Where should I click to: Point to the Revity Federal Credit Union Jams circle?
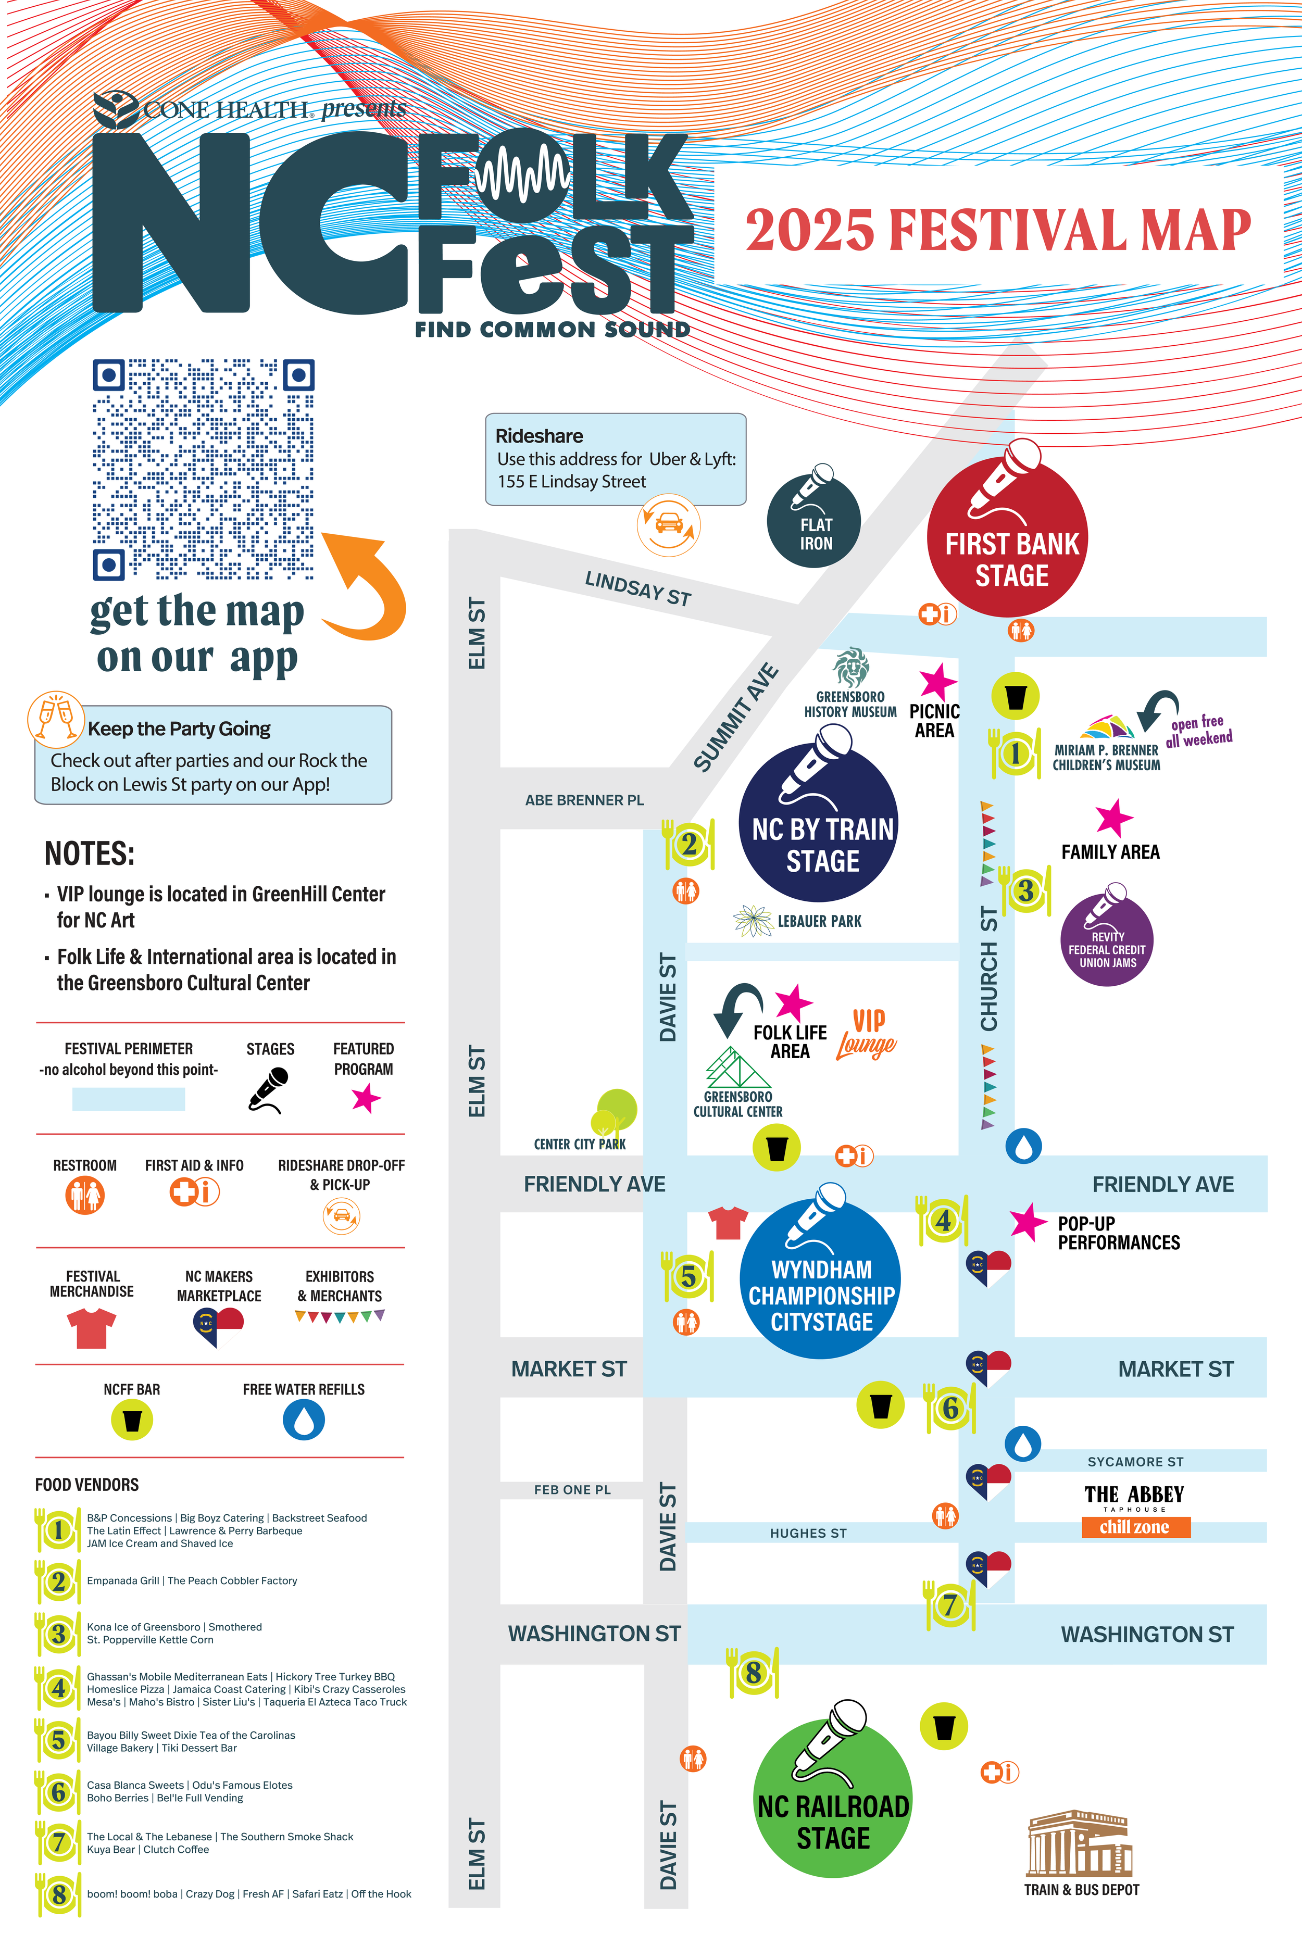coord(1107,940)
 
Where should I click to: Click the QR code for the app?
coord(204,469)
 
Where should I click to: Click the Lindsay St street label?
coord(637,588)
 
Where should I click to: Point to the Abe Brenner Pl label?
coord(584,800)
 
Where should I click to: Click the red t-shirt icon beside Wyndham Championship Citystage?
coord(728,1223)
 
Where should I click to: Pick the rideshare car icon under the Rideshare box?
coord(668,525)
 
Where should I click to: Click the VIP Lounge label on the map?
coord(867,1034)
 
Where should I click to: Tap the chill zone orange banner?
coord(1135,1527)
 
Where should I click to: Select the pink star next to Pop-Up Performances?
coord(1028,1222)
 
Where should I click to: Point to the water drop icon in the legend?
coord(304,1421)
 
